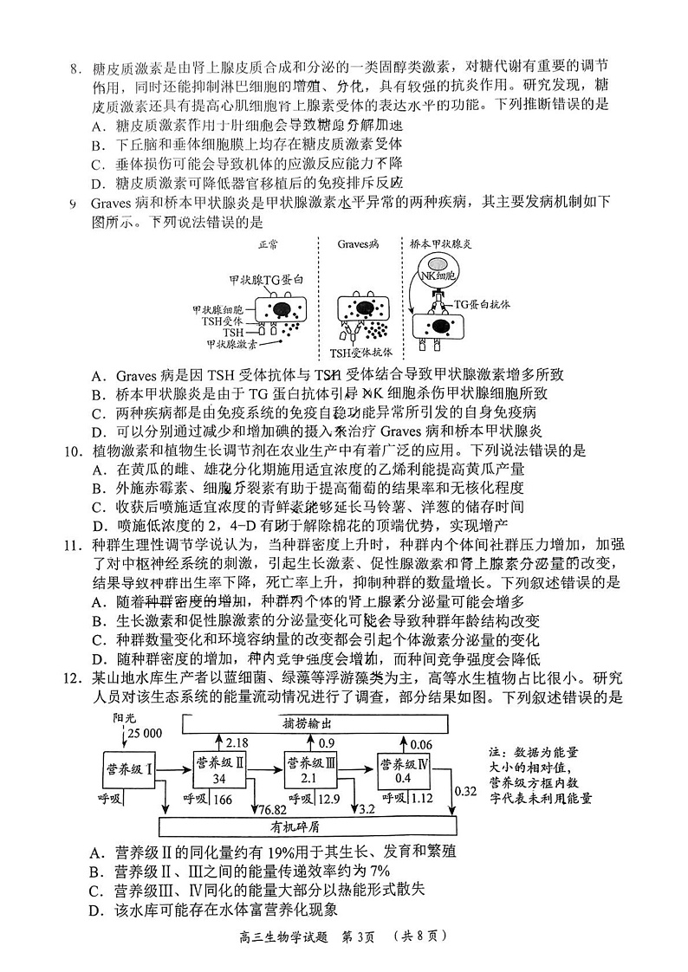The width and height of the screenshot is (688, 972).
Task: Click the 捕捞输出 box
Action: (315, 723)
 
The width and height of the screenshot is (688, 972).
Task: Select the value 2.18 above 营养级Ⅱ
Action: (237, 742)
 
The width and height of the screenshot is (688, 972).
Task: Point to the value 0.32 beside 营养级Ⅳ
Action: (465, 790)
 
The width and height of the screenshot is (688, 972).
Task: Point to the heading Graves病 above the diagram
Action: (358, 245)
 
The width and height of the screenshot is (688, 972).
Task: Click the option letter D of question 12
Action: (96, 910)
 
